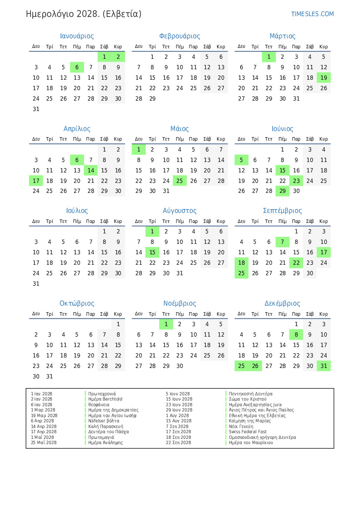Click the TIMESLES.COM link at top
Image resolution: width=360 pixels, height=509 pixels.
coord(313,14)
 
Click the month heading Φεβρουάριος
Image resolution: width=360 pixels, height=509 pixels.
coord(180,36)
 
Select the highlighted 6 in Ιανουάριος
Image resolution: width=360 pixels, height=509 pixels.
coord(77,67)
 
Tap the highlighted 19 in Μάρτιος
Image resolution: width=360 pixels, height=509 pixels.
coord(323,78)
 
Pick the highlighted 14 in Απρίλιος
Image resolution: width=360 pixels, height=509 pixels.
coord(91,170)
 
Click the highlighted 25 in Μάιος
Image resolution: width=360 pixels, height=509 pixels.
coord(180,181)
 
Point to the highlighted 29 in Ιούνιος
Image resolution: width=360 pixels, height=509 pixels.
coord(283,191)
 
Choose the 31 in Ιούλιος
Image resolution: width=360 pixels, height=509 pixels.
coord(36,283)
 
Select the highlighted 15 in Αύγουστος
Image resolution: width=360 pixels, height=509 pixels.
coord(152,252)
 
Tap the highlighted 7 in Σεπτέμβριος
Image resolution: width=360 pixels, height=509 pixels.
coord(283,242)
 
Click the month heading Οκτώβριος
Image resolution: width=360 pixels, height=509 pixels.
coord(77,303)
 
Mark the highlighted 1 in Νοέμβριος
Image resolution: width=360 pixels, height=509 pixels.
coord(166,324)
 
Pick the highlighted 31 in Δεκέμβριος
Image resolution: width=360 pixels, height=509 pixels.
coord(323,366)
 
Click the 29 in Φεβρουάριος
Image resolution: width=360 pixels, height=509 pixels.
coord(152,98)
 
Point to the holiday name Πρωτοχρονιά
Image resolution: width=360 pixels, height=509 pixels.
coord(102,394)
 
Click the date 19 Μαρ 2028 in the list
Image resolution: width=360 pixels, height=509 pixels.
coord(44,415)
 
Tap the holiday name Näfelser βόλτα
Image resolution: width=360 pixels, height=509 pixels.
coord(104,421)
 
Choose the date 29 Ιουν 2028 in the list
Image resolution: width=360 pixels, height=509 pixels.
coord(179,410)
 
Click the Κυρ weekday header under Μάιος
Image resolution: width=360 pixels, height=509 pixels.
coord(221,139)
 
